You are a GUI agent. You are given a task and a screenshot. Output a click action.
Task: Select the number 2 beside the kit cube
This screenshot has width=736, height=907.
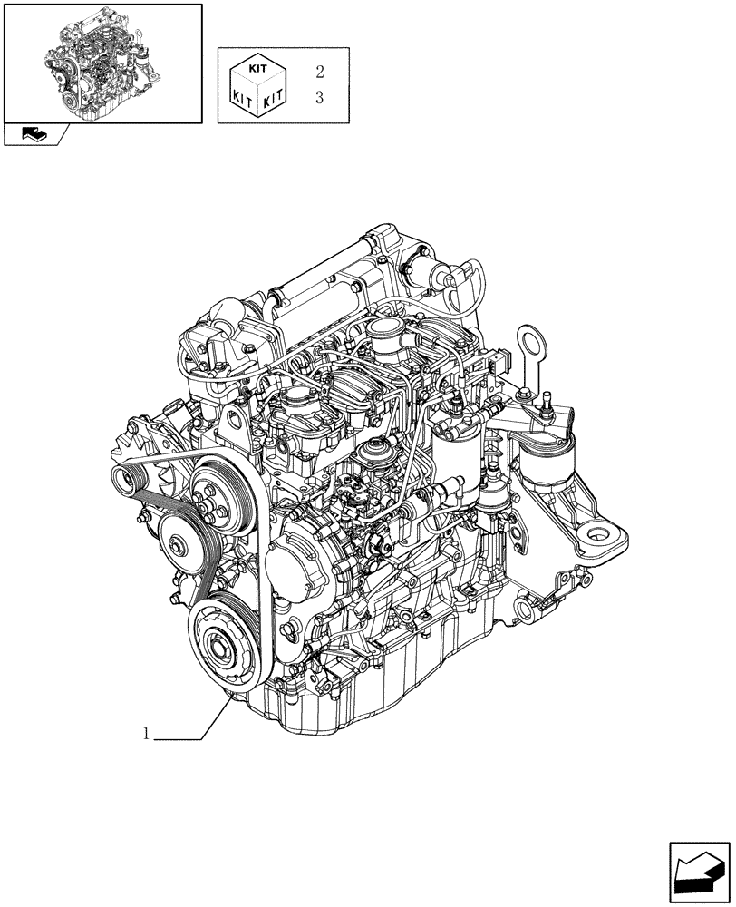[x=319, y=71]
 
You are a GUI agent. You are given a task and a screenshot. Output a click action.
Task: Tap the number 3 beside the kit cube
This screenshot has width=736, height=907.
[x=319, y=98]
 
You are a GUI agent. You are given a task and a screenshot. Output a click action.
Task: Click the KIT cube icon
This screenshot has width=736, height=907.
[x=259, y=85]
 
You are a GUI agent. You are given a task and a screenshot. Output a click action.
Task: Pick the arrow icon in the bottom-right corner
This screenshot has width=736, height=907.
[x=699, y=872]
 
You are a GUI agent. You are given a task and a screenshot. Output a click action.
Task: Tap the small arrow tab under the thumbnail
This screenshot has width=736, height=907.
[x=35, y=134]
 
